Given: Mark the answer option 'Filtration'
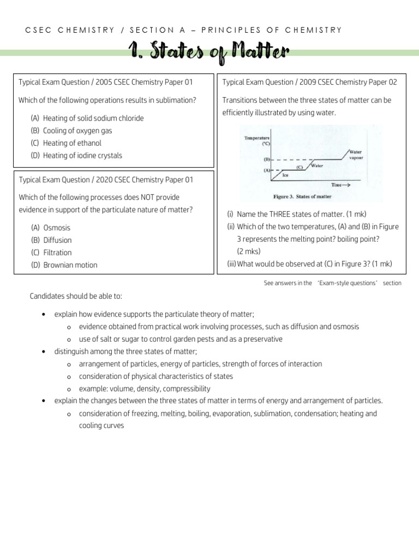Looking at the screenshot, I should (57, 253).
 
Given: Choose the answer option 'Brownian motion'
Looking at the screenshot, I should (70, 265).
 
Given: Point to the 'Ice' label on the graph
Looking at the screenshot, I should (286, 176).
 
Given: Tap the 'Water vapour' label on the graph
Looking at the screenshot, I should (356, 154).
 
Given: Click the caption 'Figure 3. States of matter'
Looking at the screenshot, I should (302, 197).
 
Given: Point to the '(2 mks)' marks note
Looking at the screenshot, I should (249, 252).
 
